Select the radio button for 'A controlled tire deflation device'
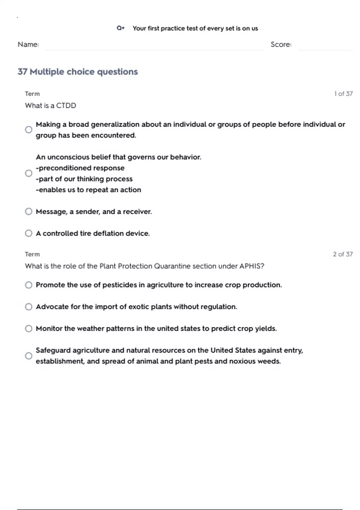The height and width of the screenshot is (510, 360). click(28, 233)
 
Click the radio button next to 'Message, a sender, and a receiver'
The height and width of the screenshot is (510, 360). click(28, 211)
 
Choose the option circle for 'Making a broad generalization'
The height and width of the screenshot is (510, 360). click(28, 130)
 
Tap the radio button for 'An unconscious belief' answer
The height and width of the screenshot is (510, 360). click(28, 173)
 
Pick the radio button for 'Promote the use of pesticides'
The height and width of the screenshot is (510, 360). click(28, 285)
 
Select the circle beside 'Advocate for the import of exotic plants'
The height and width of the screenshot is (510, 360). click(28, 307)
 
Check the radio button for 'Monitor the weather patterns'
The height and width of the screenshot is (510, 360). click(28, 328)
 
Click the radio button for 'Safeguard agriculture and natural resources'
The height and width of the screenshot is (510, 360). click(28, 356)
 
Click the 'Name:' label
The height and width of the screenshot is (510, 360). click(28, 44)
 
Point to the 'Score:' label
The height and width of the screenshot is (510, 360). click(281, 44)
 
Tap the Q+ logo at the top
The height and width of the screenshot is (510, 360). click(121, 28)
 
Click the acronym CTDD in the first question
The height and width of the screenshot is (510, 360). click(66, 106)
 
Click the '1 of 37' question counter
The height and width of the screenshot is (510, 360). click(343, 94)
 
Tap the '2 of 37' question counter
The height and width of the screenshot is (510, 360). click(343, 254)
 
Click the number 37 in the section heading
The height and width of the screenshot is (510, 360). click(22, 72)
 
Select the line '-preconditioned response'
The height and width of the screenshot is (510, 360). click(80, 168)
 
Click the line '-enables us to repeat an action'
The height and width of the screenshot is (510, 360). click(88, 190)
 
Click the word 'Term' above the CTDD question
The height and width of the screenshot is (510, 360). click(32, 94)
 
